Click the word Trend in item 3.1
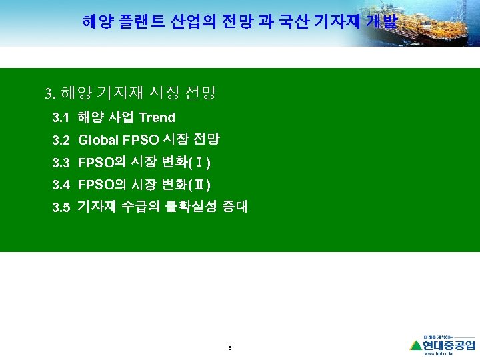[x=157, y=118]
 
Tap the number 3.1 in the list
[x=61, y=118]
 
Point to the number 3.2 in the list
[x=61, y=140]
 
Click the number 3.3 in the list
[x=61, y=163]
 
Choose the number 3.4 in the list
[x=61, y=185]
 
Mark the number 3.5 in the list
[x=61, y=207]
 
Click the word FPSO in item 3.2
[x=141, y=140]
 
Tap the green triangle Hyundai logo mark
[x=416, y=345]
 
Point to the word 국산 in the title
[x=304, y=22]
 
